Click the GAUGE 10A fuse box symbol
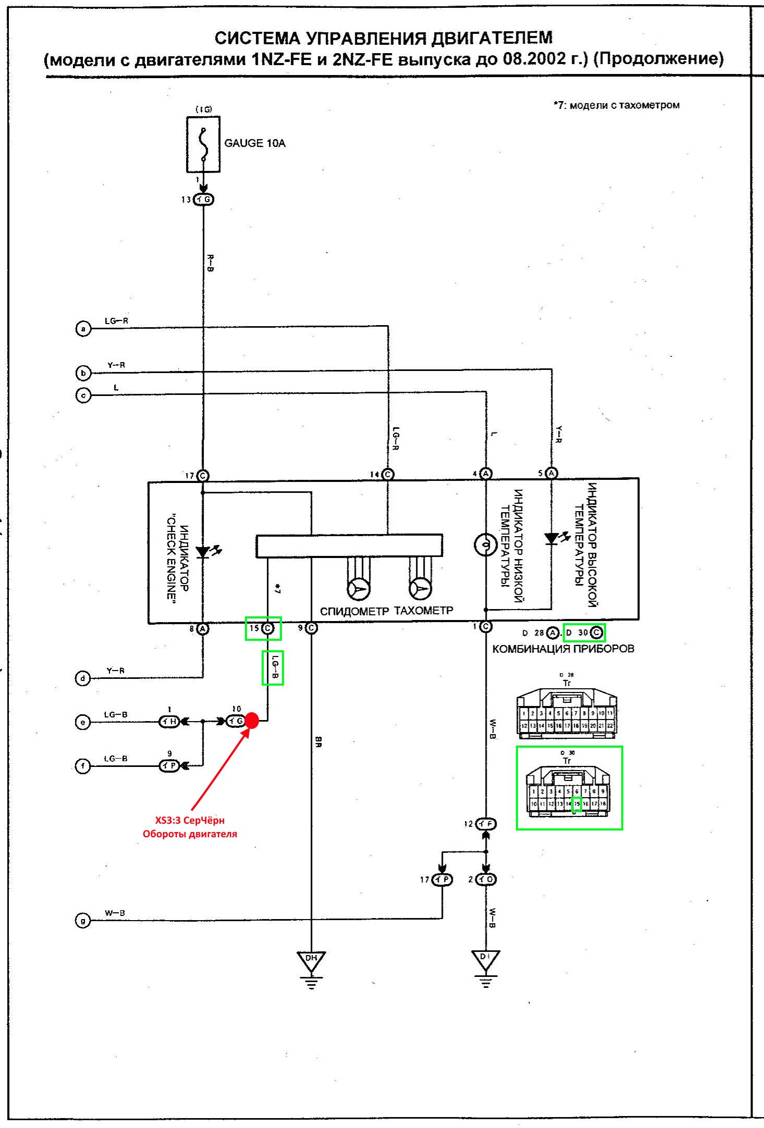[x=203, y=144]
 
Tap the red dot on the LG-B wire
[x=252, y=721]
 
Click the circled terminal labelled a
[x=83, y=329]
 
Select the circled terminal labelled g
[x=83, y=921]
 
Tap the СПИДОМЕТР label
[x=354, y=611]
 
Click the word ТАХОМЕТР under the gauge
[x=424, y=610]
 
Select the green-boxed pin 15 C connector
[x=263, y=628]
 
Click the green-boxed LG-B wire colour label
[x=273, y=668]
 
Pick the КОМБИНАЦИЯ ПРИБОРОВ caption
[x=563, y=649]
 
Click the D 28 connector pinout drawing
[x=567, y=712]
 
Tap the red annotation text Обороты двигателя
[x=190, y=834]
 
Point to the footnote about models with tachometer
[x=617, y=105]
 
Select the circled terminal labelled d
[x=83, y=678]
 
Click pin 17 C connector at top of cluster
[x=203, y=476]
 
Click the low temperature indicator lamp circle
[x=485, y=545]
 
